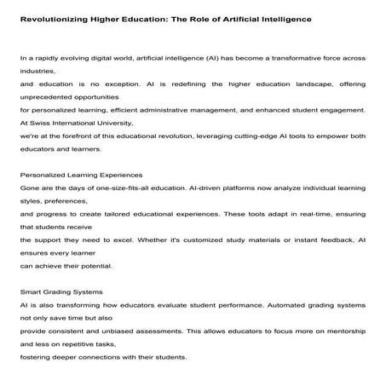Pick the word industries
[x=38, y=72]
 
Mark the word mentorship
[x=342, y=331]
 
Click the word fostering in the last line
[x=37, y=358]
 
